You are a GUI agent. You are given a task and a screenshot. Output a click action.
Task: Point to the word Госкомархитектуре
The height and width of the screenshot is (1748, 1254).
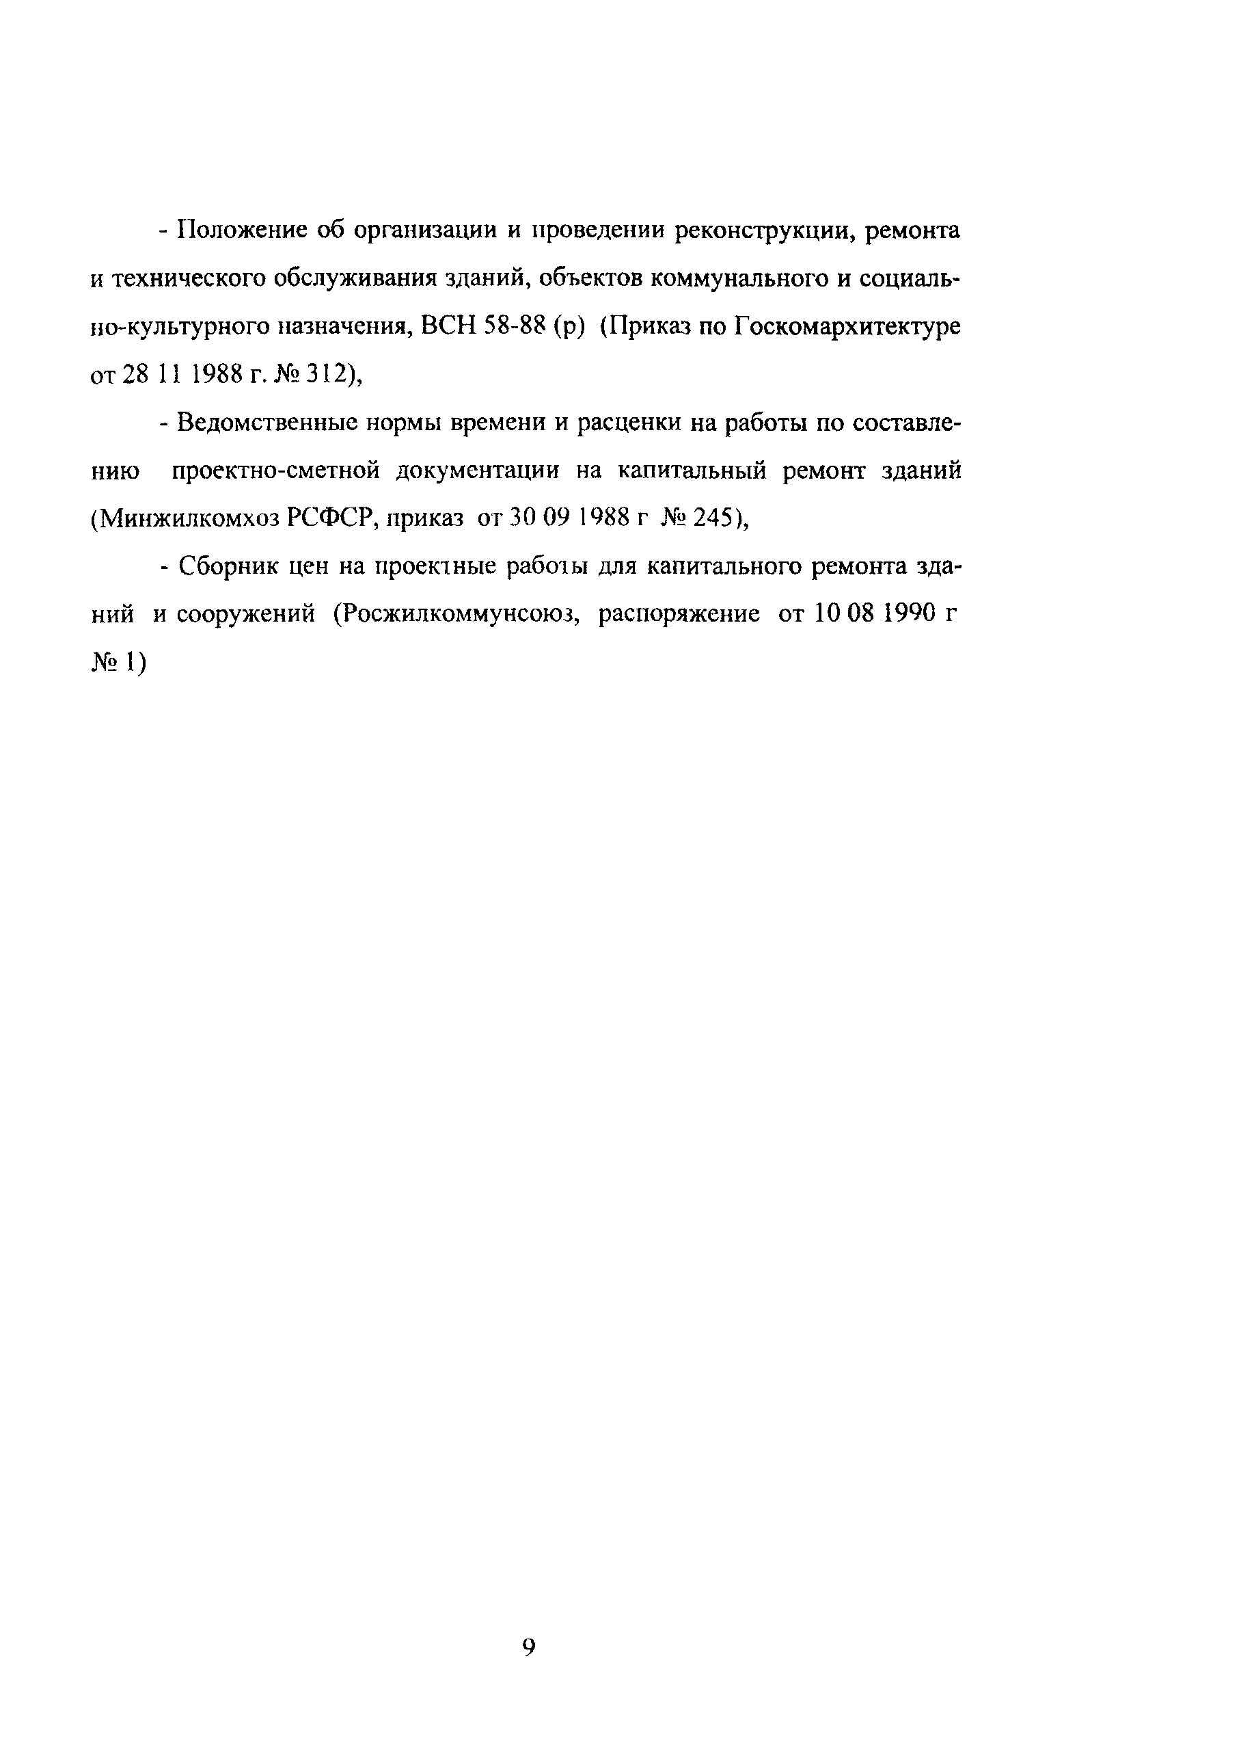click(x=847, y=327)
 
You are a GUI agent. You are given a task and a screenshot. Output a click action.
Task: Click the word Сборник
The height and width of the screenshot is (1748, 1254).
click(x=226, y=567)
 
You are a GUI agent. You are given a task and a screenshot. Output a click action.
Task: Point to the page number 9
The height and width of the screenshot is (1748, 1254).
click(x=529, y=1647)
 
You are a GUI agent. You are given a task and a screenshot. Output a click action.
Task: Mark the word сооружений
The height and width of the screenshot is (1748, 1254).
click(x=246, y=615)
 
